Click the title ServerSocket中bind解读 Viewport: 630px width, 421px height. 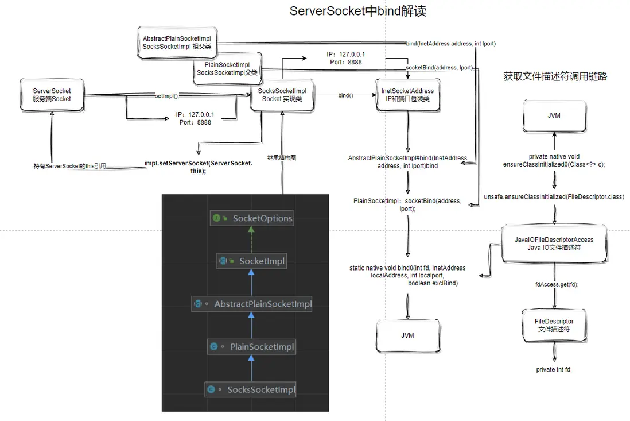point(358,11)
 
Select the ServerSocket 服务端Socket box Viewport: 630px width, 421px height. point(52,95)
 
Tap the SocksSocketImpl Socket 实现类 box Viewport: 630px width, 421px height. point(282,95)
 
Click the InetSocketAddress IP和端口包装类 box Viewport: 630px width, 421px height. point(407,95)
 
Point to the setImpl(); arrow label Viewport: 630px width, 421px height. point(167,95)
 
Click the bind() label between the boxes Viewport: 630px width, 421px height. point(345,95)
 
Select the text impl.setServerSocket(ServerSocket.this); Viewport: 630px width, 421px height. point(198,167)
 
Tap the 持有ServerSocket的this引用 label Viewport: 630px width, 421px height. point(70,167)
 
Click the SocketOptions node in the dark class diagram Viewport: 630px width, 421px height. point(252,218)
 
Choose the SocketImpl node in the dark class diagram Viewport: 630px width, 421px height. point(252,261)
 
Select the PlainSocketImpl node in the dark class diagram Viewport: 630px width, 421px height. point(252,347)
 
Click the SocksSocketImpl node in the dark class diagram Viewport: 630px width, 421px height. point(252,390)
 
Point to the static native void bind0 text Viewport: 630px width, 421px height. point(407,276)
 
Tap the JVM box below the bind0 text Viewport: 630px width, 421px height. point(407,335)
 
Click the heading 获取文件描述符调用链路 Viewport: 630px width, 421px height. point(555,76)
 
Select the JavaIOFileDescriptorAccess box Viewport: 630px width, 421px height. point(555,244)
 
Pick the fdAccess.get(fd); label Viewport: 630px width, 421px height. point(556,284)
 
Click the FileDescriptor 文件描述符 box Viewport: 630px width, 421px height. point(555,325)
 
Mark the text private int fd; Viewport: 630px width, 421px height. point(554,370)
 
